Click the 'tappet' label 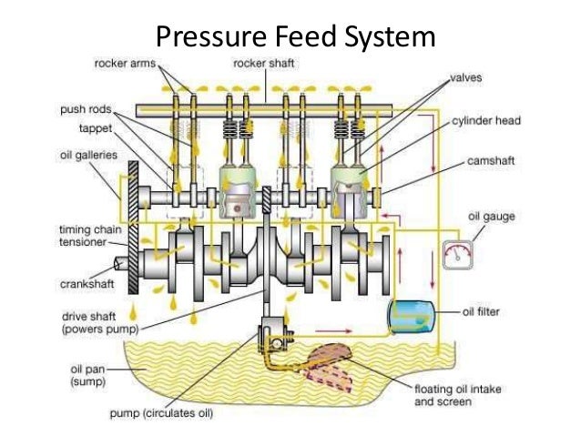[92, 128]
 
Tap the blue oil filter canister [406, 313]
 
